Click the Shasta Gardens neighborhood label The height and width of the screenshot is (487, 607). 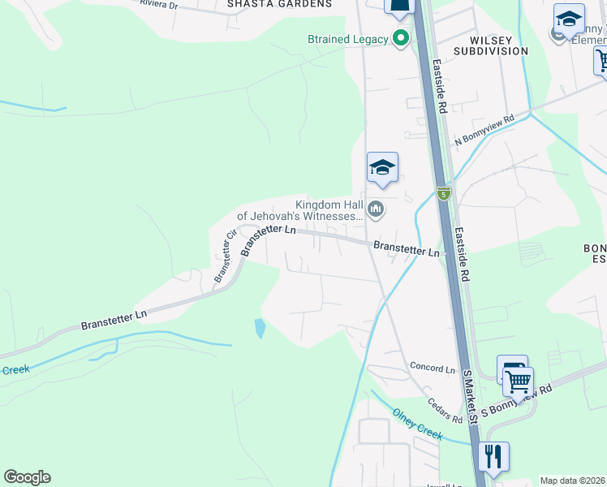point(279,4)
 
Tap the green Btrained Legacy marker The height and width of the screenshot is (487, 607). point(400,38)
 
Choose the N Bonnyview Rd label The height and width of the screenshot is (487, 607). point(484,130)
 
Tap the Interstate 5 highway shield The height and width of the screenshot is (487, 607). point(443,193)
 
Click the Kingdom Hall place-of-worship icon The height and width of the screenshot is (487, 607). point(375,210)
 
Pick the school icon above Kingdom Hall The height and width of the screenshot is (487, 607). point(382,168)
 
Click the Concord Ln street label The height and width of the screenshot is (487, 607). point(433,368)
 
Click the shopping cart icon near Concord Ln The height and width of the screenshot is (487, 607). point(517,379)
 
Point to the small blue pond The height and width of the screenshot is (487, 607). point(260,328)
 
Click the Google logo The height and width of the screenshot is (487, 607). point(27,477)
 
